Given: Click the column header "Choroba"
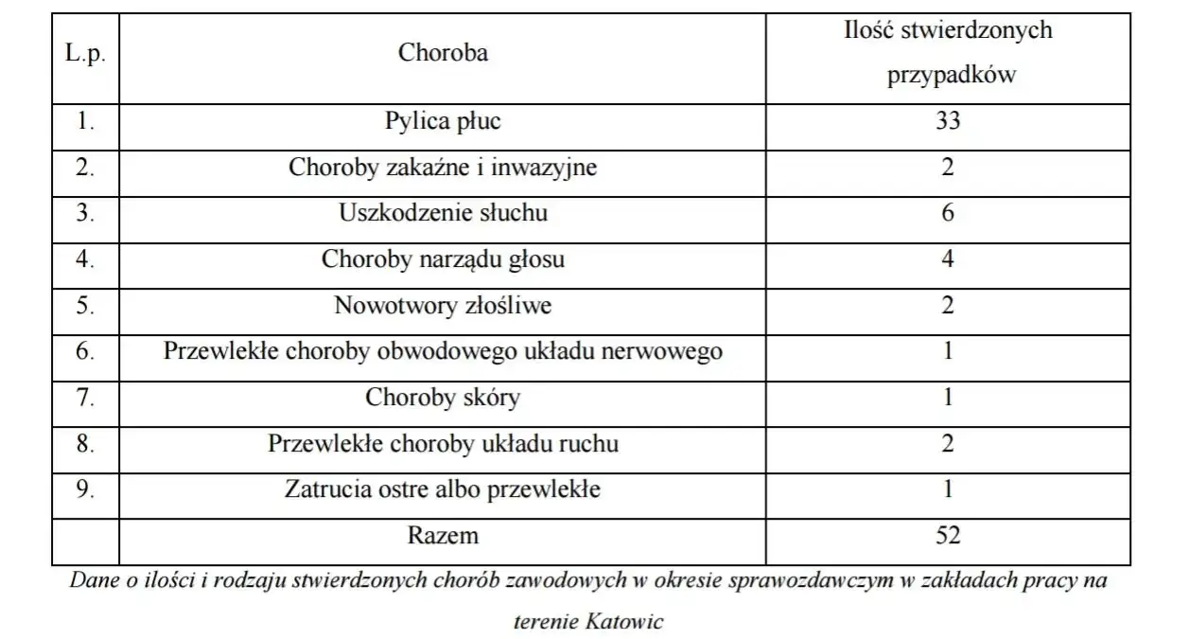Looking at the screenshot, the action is coord(443,53).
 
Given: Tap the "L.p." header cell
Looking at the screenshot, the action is coord(85,53).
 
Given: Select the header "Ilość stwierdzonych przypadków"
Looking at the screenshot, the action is coord(948,53).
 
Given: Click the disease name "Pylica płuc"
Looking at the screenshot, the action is coord(443,121).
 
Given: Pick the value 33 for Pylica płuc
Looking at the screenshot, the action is coord(947,121).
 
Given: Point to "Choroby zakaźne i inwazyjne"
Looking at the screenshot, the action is coord(443,168).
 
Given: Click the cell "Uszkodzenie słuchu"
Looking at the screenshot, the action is coord(443,213).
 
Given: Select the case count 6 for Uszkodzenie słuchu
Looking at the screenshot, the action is coord(947,213).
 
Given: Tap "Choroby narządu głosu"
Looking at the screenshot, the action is coord(443,258).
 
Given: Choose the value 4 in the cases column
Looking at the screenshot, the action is coord(947,258).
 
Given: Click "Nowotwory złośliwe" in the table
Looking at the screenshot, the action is coord(443,306).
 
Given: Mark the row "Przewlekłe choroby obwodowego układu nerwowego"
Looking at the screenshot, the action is coord(443,351).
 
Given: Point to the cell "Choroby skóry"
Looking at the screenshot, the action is coord(443,398).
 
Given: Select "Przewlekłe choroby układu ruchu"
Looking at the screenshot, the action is coord(443,443).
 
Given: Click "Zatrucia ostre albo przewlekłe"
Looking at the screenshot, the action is coord(443,489).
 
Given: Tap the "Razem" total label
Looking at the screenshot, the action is coord(443,536).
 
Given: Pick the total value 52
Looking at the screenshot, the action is coord(947,536).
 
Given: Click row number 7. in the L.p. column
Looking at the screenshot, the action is coord(85,398).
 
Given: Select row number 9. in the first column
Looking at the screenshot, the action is coord(85,489).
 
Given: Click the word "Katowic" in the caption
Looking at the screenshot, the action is coord(624,622).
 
